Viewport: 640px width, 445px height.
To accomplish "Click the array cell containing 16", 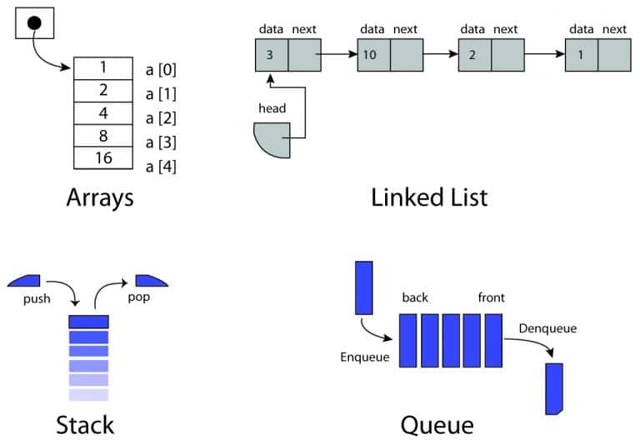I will click(x=103, y=157).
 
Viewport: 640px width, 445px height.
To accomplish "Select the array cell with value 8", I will click(x=103, y=135).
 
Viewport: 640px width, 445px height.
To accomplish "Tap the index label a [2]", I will click(x=161, y=114).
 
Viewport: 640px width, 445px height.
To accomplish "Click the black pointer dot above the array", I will click(x=34, y=22).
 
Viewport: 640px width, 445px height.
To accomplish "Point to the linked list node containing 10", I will click(x=372, y=55).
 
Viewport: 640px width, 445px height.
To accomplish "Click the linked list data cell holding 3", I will click(x=271, y=55).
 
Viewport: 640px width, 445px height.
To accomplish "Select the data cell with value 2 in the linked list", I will click(x=473, y=55).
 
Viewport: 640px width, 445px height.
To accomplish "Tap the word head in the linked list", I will click(x=272, y=107).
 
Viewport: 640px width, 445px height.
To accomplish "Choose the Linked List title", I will click(x=429, y=197).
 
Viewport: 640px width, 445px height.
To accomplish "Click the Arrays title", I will click(x=100, y=198).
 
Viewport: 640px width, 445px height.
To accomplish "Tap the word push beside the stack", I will click(x=37, y=297).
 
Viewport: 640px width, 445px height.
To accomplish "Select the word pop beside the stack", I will click(x=139, y=297).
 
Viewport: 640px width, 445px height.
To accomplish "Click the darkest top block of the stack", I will click(x=89, y=321).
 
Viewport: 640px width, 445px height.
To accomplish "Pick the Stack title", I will click(x=84, y=425).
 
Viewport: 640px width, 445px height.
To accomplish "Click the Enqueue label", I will click(x=364, y=357).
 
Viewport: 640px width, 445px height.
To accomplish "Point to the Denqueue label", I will click(x=547, y=328).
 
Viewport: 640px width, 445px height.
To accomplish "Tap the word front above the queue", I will click(x=491, y=297).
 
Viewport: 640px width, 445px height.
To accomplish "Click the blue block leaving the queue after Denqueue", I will click(x=553, y=388).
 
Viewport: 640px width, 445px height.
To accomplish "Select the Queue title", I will click(x=437, y=425).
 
